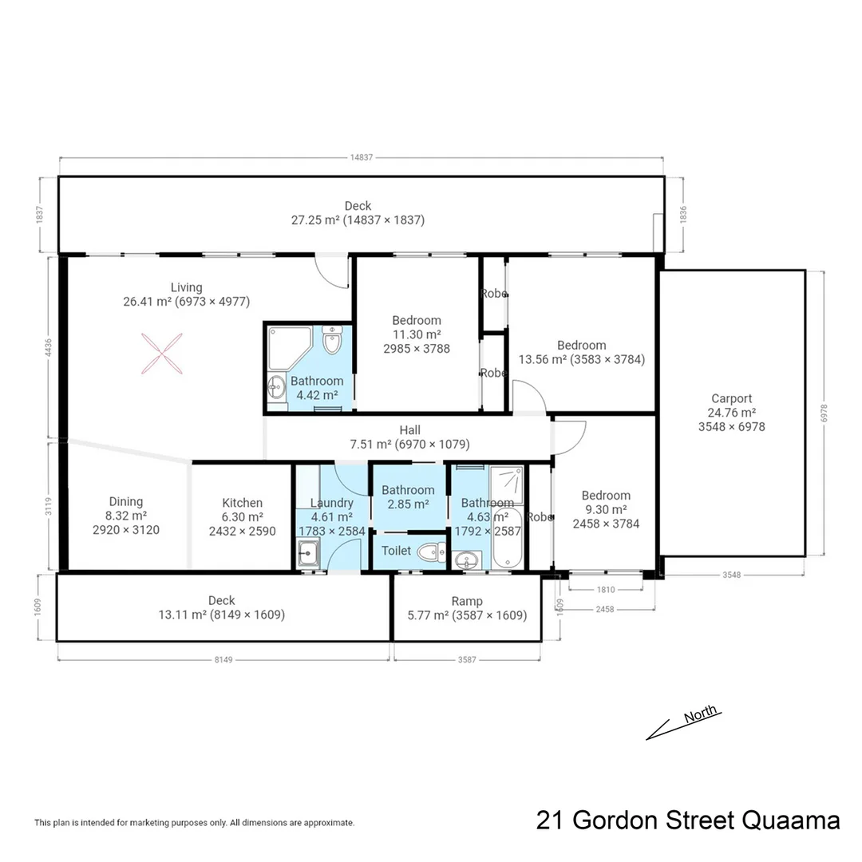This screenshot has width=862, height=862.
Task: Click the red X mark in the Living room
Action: (x=163, y=354)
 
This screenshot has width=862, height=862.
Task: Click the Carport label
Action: (x=731, y=399)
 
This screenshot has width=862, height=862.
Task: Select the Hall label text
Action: (x=410, y=430)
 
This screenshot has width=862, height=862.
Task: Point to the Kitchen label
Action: (x=242, y=503)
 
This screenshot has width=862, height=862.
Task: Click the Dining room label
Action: (x=126, y=501)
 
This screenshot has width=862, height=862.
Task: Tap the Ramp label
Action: (x=467, y=602)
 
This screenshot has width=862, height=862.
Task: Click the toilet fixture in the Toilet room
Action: (x=432, y=552)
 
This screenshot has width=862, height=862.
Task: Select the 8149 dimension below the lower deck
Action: (x=223, y=660)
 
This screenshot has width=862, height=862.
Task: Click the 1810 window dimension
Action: (x=606, y=590)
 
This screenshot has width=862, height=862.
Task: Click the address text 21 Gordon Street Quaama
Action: (x=688, y=820)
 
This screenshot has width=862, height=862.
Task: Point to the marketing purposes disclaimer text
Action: (x=194, y=823)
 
